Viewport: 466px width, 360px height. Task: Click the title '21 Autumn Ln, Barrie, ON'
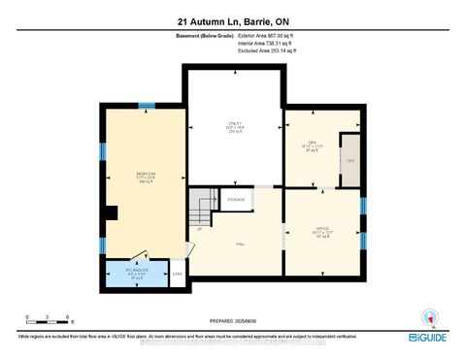click(233, 22)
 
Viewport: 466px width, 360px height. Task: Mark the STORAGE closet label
click(236, 200)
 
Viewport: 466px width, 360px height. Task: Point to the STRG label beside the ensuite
click(177, 275)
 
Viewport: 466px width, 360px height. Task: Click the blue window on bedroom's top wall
click(146, 106)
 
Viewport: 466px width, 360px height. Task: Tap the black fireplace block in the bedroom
click(112, 213)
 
